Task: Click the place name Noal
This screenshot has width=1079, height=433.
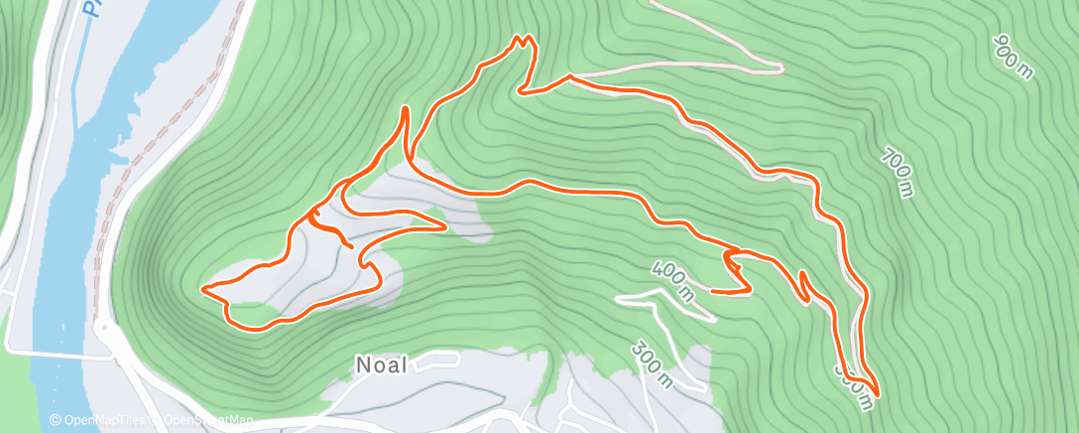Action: (x=381, y=364)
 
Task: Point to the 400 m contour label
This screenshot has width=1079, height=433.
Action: (x=673, y=280)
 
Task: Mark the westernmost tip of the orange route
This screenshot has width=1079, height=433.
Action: (x=203, y=289)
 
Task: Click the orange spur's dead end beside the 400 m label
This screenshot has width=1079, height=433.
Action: (x=714, y=291)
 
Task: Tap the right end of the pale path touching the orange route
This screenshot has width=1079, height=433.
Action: (x=780, y=69)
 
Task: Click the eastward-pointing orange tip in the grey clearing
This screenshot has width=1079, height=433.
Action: (x=445, y=225)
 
